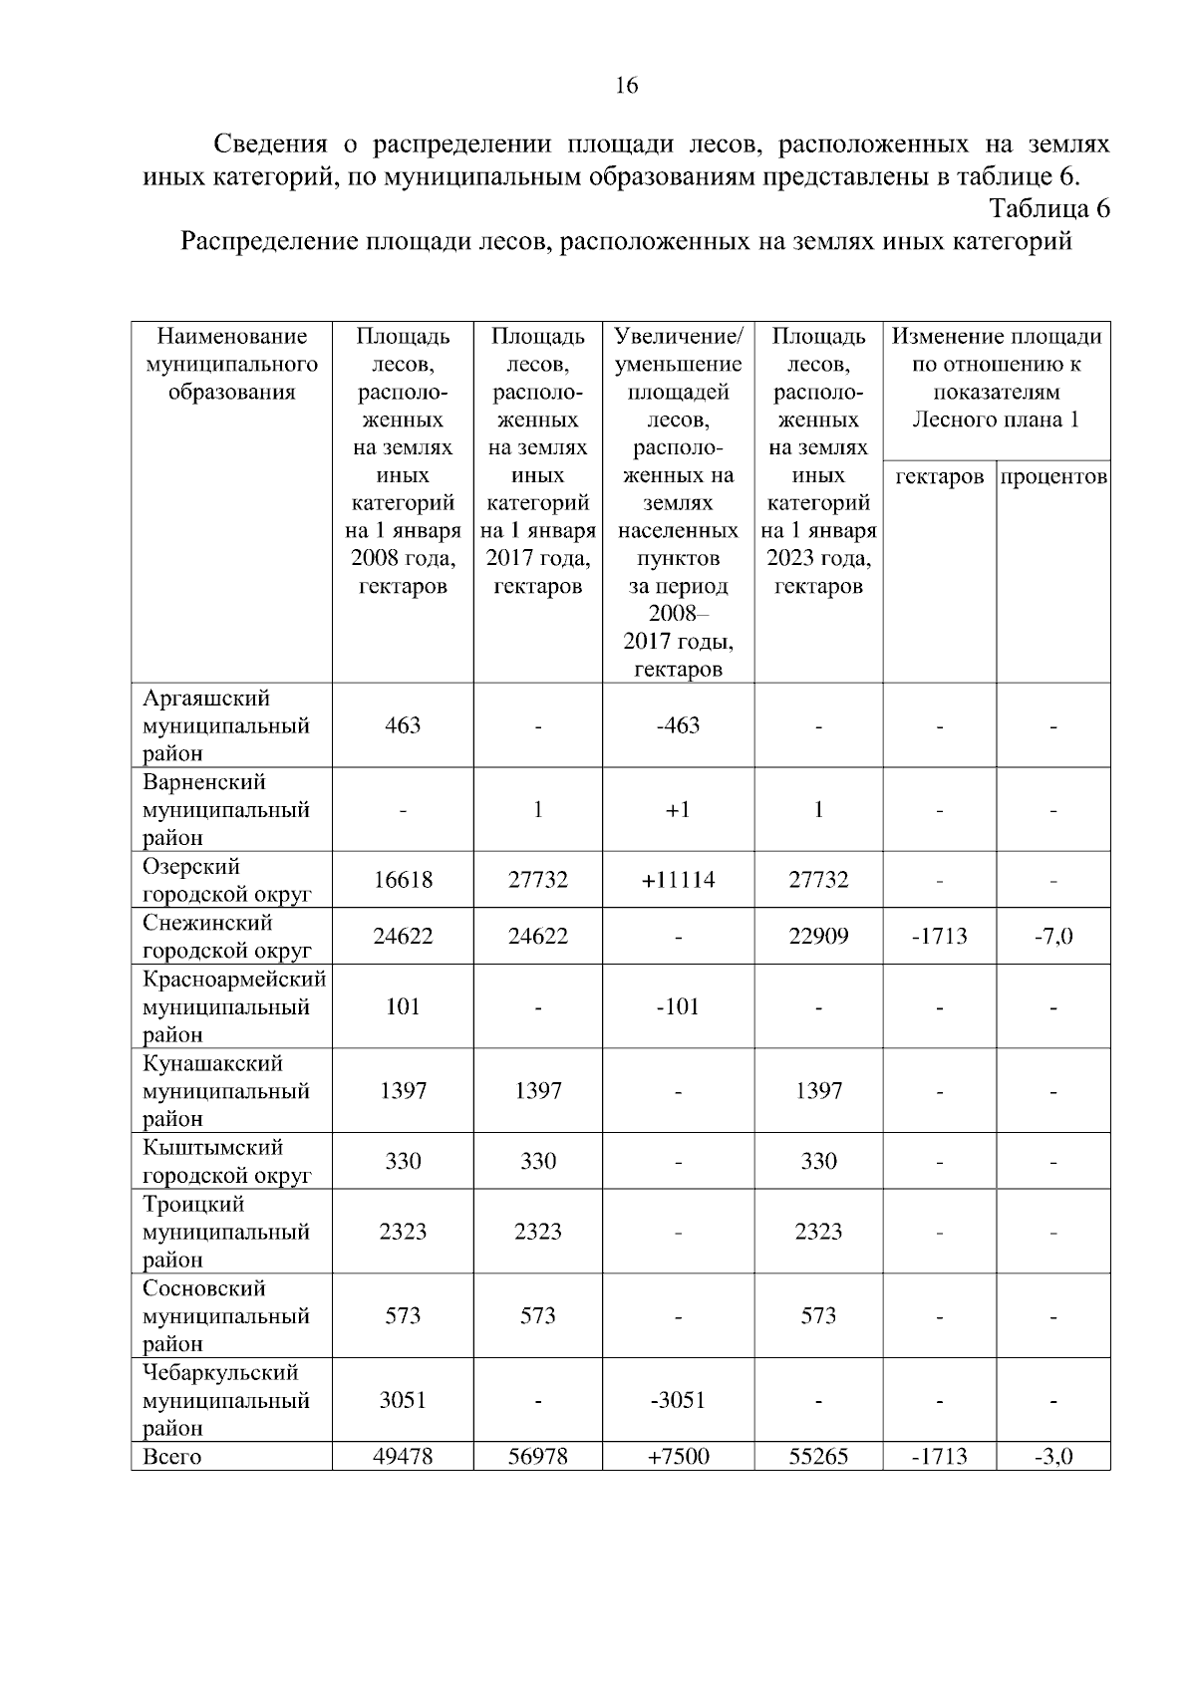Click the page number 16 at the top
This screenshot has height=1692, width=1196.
click(x=626, y=86)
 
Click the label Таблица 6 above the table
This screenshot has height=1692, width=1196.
click(x=1048, y=209)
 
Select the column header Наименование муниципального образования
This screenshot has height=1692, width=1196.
click(x=231, y=364)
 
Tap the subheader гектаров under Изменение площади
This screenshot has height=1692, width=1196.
click(x=939, y=477)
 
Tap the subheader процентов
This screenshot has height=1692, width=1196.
click(x=1053, y=477)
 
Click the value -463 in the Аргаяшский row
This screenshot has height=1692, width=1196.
click(x=678, y=725)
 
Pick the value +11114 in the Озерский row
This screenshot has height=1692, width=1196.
click(x=678, y=880)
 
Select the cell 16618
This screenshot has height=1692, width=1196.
click(x=403, y=880)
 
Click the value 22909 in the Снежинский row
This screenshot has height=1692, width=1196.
click(x=818, y=937)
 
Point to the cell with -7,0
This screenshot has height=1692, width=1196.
click(x=1053, y=937)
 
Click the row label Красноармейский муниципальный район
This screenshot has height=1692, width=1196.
click(x=233, y=1006)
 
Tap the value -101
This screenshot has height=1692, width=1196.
click(x=678, y=1006)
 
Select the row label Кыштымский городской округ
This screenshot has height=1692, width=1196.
click(x=227, y=1162)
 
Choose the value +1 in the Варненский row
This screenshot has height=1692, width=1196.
click(x=678, y=810)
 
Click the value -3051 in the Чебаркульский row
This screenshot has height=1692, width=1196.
click(x=678, y=1401)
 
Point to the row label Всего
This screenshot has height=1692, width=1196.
click(x=171, y=1457)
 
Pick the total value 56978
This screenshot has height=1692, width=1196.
click(x=537, y=1457)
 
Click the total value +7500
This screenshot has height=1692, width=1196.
click(x=678, y=1457)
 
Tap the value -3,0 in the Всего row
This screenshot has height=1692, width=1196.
click(x=1053, y=1457)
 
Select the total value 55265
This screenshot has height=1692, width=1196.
click(x=818, y=1457)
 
